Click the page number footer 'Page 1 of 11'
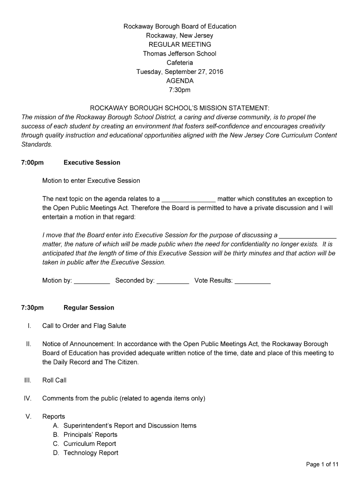coord(322,464)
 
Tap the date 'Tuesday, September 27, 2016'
coord(180,72)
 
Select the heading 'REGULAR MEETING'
coord(180,44)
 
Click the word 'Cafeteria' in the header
coord(180,63)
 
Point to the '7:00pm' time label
coord(32,163)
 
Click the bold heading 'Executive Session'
coord(92,163)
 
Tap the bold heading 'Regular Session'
coord(88,308)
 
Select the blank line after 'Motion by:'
coord(92,282)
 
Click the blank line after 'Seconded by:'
coord(173,282)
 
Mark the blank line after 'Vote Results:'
coord(252,282)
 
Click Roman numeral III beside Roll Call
coord(28,380)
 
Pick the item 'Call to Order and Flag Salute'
coord(84,326)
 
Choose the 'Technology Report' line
coord(91,453)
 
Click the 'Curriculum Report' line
coord(90,444)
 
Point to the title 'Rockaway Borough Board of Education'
coord(180,27)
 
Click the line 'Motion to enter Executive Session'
coord(91,181)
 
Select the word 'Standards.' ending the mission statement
coord(36,145)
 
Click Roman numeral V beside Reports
coord(29,417)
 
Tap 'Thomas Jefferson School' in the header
coord(180,54)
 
